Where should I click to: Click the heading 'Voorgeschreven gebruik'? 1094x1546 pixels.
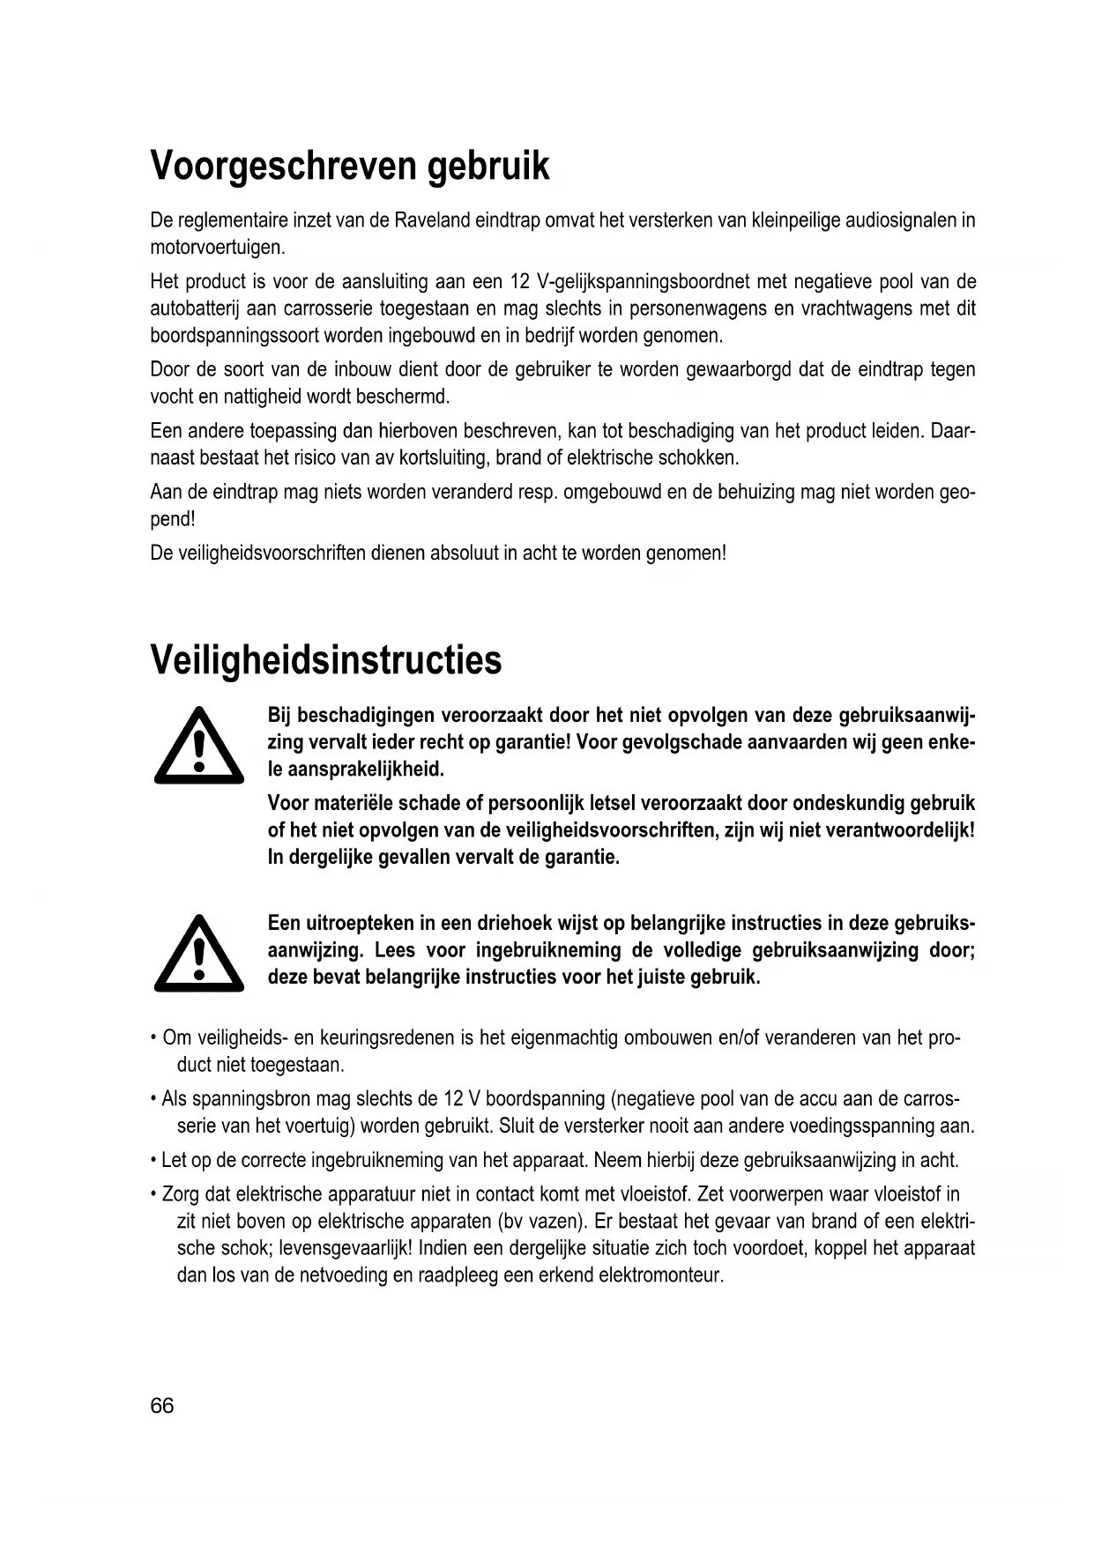point(350,166)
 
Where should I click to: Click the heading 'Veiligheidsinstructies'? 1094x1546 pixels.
point(326,659)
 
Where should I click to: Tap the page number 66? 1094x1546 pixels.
point(162,1405)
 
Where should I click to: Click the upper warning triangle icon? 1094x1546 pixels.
point(198,747)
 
